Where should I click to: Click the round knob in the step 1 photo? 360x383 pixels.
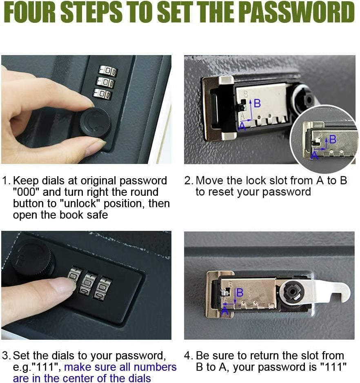[95, 123]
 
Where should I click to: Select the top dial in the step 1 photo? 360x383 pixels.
[107, 71]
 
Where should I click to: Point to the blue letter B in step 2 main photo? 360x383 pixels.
[257, 104]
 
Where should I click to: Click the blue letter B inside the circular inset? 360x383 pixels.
[333, 139]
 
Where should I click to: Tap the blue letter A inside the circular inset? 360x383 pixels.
[314, 155]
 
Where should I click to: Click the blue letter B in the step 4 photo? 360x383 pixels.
[240, 292]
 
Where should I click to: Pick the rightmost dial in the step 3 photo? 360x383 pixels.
[103, 288]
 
